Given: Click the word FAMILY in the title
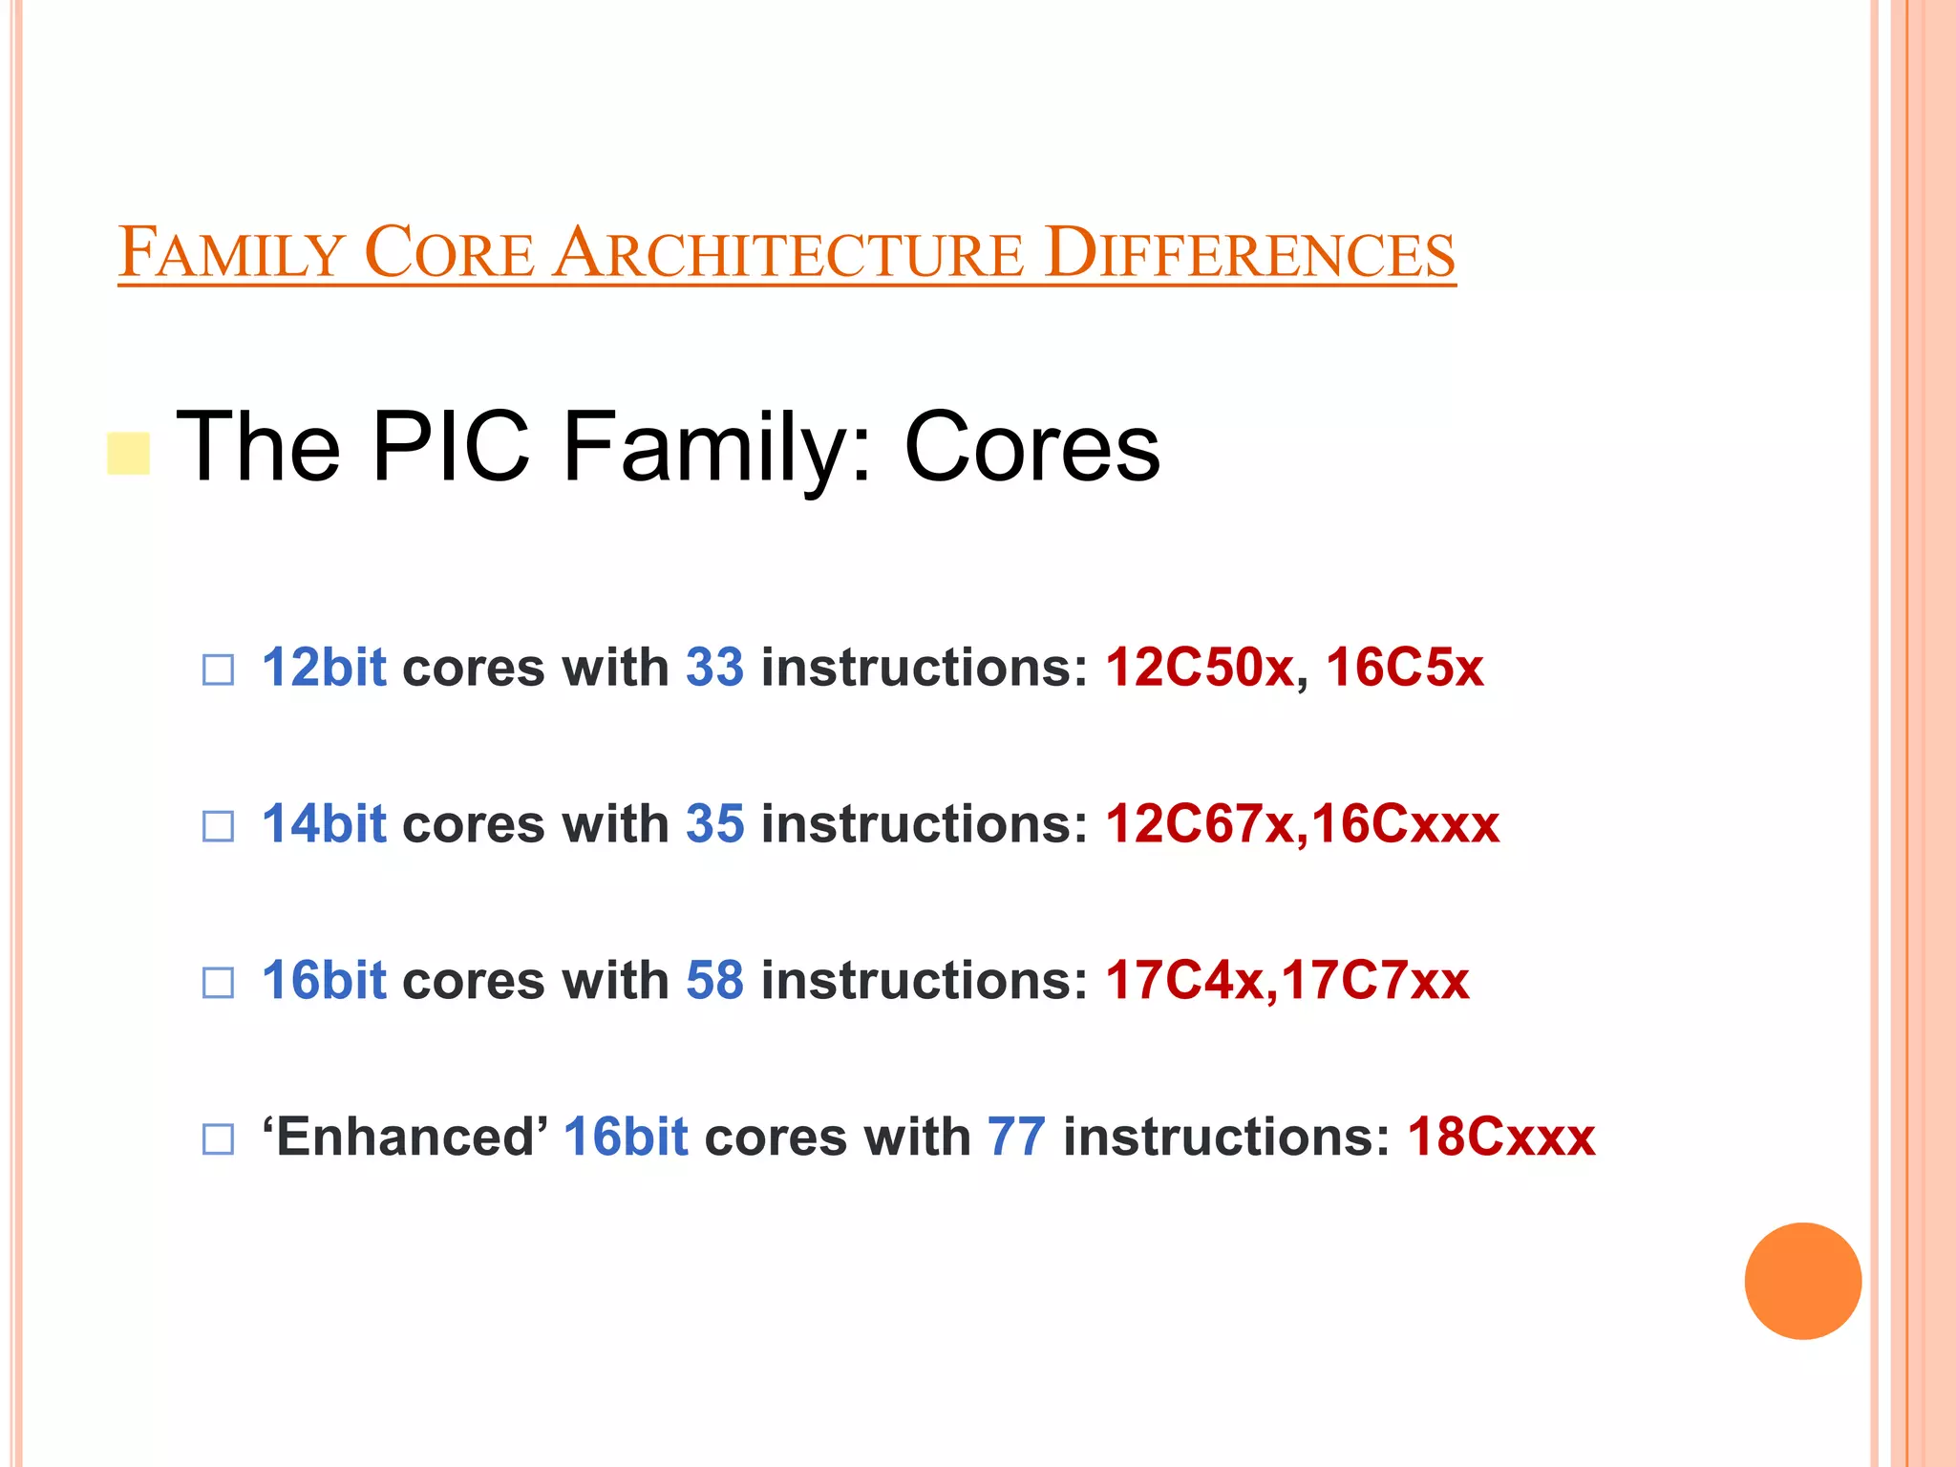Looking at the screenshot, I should [230, 253].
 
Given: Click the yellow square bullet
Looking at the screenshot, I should [128, 454].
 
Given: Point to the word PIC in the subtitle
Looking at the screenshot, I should [450, 446].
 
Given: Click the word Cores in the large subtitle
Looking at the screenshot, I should [1031, 446].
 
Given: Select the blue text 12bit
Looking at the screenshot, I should [324, 667].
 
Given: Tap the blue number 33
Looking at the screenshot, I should [714, 667].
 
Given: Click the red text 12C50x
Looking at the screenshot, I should [1200, 667].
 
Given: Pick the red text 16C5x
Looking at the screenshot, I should [1404, 667].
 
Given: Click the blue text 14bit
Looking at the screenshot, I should [324, 823].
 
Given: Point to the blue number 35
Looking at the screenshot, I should [714, 823].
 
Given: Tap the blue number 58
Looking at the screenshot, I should [714, 980].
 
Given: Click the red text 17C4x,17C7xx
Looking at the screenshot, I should [1287, 980].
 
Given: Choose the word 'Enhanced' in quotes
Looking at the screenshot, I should [405, 1137].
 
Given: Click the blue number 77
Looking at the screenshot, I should [1016, 1137].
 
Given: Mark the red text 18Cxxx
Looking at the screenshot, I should [1501, 1137].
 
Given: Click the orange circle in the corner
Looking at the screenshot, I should [1802, 1281].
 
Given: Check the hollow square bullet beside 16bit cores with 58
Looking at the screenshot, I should [218, 983].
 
